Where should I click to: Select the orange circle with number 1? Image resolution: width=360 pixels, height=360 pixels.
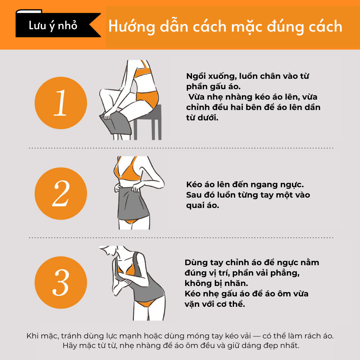pos(61,103)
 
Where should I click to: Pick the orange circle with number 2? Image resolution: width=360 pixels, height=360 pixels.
pos(61,194)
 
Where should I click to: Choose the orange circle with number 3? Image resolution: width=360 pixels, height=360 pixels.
pos(61,282)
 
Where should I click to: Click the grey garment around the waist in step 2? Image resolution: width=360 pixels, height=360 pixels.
pos(133,202)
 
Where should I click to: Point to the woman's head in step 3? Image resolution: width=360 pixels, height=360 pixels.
pos(108,250)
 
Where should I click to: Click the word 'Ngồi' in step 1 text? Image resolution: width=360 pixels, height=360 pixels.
pos(195,76)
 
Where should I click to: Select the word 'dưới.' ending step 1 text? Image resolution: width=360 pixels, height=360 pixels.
pos(208,118)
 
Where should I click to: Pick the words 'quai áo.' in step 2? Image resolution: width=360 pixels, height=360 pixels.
pos(202,206)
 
